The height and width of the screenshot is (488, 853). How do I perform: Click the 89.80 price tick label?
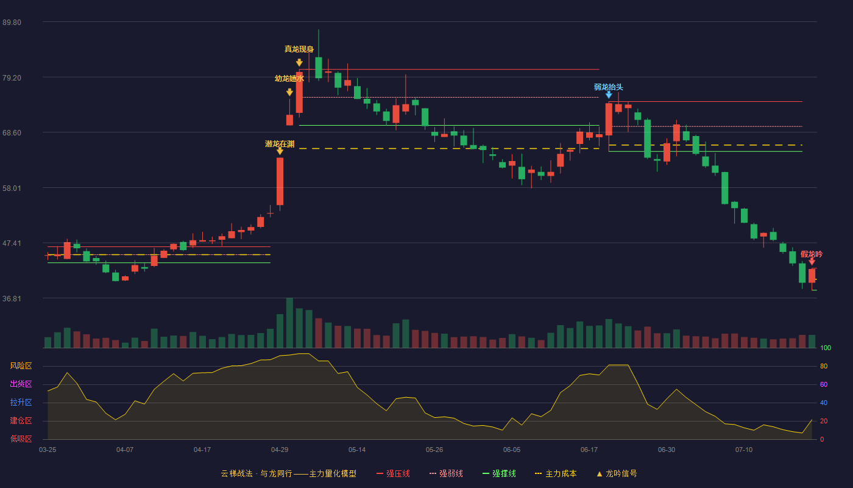click(12, 23)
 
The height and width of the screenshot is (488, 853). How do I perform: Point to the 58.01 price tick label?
click(12, 188)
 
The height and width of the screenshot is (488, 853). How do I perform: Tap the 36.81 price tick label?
click(12, 298)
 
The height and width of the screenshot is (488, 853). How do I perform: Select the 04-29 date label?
click(280, 450)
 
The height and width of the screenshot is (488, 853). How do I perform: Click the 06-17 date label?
click(589, 450)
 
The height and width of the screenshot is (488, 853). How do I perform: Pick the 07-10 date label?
click(744, 450)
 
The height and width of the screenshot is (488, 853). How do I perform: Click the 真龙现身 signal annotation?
click(299, 49)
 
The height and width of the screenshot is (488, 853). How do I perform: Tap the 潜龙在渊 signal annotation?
click(280, 144)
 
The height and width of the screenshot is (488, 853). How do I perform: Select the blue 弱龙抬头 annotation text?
click(609, 87)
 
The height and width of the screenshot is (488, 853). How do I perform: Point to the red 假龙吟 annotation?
click(811, 254)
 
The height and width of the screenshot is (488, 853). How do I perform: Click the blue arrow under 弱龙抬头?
click(609, 95)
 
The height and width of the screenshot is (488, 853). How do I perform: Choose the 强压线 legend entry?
click(393, 473)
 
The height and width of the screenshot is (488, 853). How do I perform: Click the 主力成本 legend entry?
click(556, 473)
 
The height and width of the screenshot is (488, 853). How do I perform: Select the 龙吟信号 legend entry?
click(617, 473)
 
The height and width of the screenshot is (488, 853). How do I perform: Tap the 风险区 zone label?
click(21, 366)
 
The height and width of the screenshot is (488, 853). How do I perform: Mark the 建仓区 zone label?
click(21, 421)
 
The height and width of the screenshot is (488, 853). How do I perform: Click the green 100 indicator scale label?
click(826, 348)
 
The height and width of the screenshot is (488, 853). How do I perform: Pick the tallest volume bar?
click(289, 323)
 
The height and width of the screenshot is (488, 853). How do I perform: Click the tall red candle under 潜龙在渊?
click(280, 182)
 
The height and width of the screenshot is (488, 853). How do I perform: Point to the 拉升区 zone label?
click(21, 403)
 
